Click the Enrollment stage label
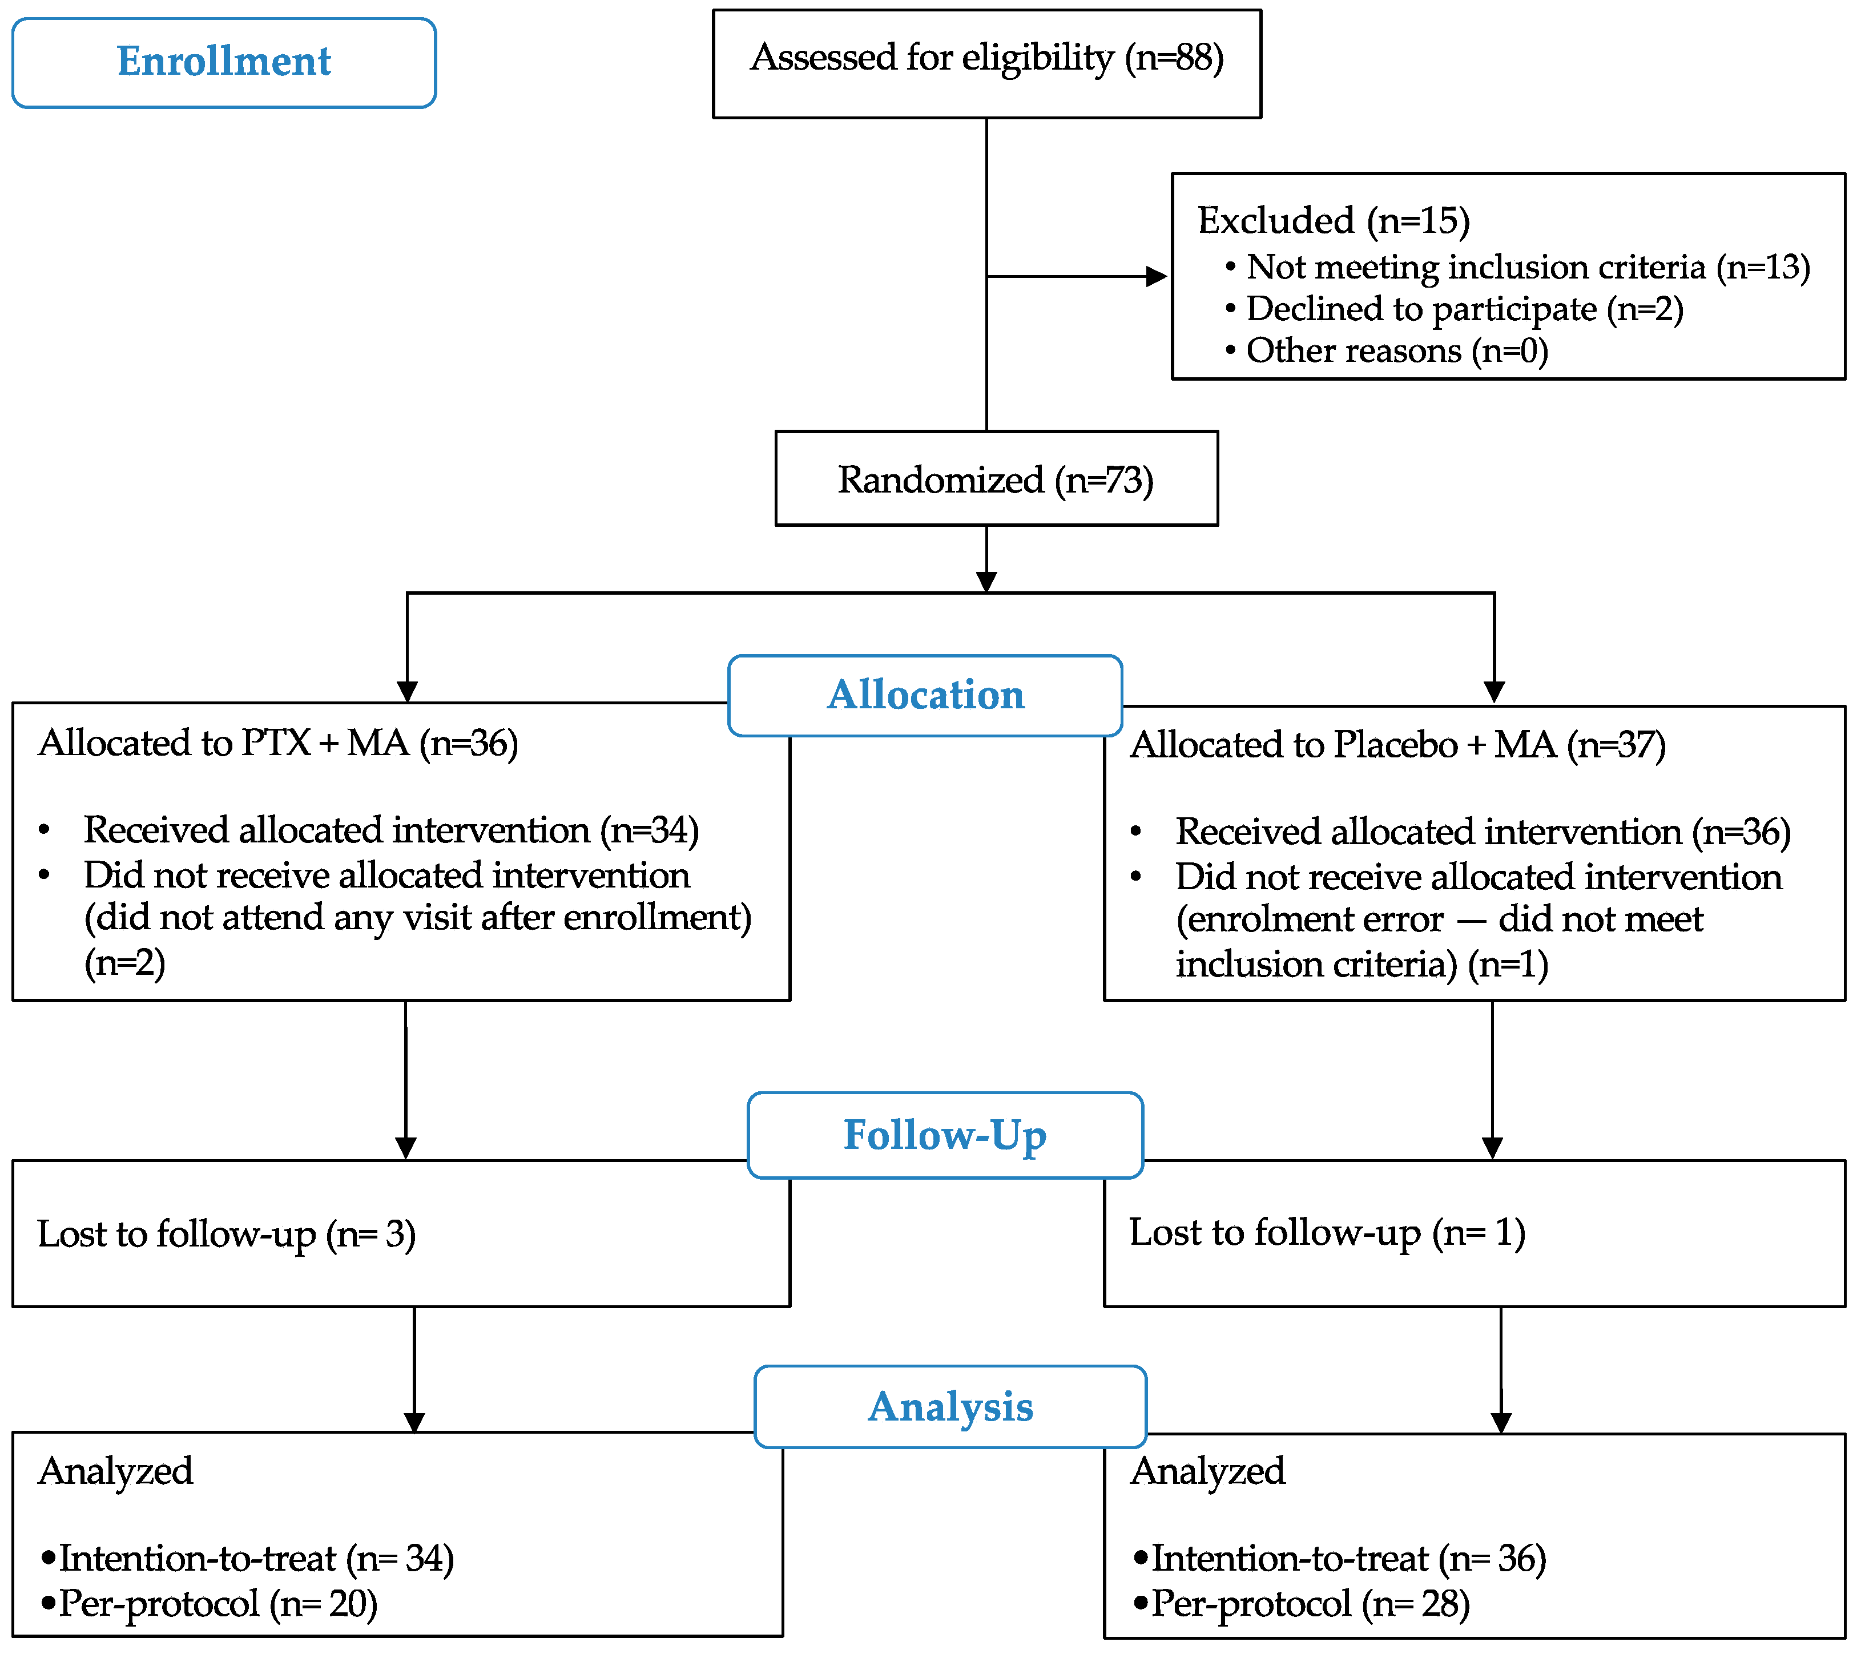tap(224, 62)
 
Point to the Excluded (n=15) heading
tap(1333, 221)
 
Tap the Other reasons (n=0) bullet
tap(1396, 350)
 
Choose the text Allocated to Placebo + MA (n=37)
tap(1397, 745)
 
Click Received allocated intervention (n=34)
tap(390, 830)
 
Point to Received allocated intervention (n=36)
tap(1483, 832)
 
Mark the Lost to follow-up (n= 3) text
tap(226, 1235)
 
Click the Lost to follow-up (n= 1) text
tap(1327, 1233)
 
